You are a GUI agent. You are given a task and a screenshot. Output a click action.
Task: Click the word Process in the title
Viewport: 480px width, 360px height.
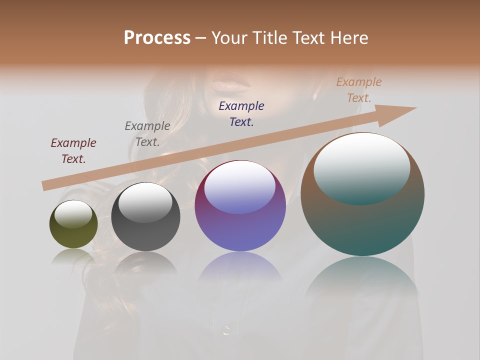point(157,38)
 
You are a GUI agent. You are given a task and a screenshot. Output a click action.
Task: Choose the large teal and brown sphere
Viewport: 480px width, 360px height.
point(362,225)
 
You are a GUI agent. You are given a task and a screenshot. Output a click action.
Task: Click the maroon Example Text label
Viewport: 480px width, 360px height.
point(73,150)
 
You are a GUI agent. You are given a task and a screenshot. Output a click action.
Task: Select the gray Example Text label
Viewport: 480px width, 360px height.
point(147,133)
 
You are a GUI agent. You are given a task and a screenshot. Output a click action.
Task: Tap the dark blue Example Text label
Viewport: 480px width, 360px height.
point(241,113)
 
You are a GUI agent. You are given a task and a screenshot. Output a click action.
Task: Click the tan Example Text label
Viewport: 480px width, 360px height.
point(359,90)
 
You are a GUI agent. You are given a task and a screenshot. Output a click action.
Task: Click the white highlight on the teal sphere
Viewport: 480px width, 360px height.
point(361,167)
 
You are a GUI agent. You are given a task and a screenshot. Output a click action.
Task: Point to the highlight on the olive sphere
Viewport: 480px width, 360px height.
point(73,214)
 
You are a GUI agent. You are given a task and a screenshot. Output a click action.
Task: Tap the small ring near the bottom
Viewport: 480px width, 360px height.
point(226,330)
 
